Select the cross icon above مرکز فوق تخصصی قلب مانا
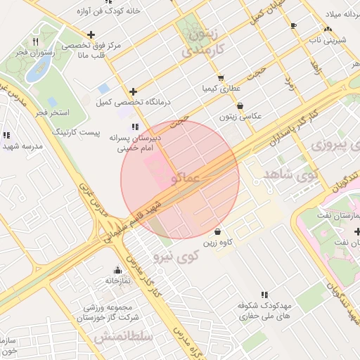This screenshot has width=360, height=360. click(x=91, y=34)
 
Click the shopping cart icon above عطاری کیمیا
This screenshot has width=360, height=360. click(x=221, y=78)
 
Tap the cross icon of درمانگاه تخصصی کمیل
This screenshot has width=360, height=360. click(x=134, y=91)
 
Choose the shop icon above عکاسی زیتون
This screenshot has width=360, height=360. click(x=240, y=105)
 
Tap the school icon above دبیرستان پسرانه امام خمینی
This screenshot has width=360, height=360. click(x=135, y=127)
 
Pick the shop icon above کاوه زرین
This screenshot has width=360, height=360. click(x=218, y=231)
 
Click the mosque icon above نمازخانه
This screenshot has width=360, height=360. click(x=117, y=270)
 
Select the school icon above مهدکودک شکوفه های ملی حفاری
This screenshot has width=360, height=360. click(x=265, y=295)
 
